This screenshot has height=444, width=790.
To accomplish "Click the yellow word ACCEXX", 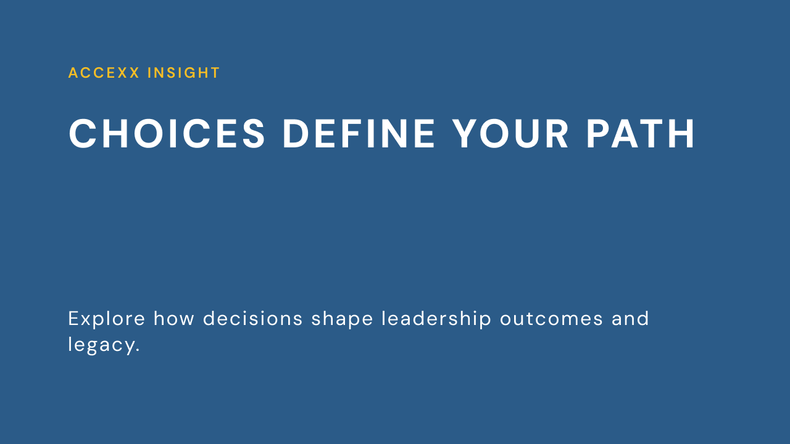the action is click(x=104, y=73).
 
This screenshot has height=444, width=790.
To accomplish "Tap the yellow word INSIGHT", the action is click(x=184, y=73).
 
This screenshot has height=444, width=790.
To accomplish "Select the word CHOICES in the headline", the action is click(x=167, y=134).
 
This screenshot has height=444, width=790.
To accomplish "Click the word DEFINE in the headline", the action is click(x=359, y=134).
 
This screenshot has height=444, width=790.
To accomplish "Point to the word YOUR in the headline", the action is click(x=510, y=134).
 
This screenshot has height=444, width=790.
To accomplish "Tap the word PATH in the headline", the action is click(x=641, y=134).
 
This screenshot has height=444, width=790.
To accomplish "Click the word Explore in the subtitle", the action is click(x=107, y=319).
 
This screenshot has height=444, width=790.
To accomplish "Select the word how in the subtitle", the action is click(x=174, y=319).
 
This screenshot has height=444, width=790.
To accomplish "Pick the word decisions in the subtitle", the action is click(x=253, y=319).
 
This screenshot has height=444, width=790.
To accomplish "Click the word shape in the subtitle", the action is click(x=342, y=319).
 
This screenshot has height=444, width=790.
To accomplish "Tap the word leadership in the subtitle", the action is click(x=436, y=319).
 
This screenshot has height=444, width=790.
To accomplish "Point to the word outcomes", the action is click(x=552, y=319).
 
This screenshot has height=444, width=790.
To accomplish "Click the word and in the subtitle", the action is click(x=630, y=319).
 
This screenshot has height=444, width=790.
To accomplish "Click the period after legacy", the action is click(x=138, y=350).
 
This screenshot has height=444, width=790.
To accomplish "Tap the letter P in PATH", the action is click(x=597, y=134).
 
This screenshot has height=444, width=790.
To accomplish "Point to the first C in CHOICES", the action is click(x=83, y=134).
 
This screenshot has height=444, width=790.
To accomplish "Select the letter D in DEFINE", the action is click(x=296, y=134).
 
